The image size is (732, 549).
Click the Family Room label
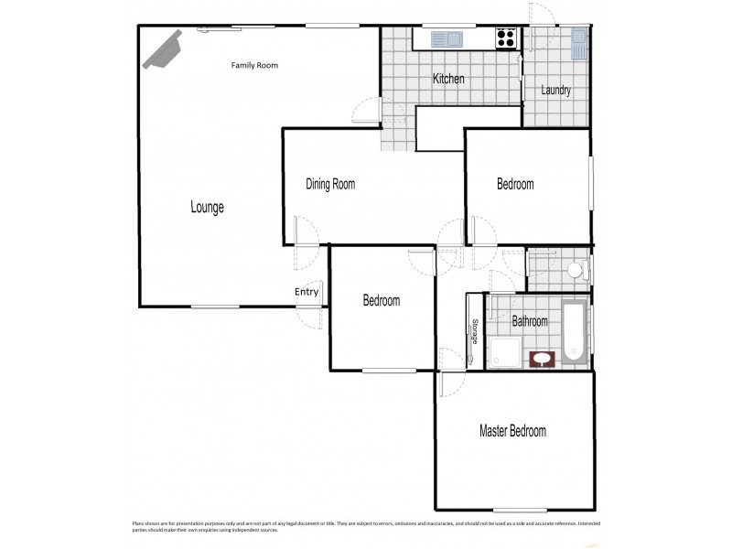pos(254,65)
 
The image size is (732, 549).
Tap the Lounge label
pos(207,207)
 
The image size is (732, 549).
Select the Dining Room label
pos(329,184)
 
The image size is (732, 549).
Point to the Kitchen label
pos(448,79)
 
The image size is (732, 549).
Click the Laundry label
pos(555,90)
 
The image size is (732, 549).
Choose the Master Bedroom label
pos(512,431)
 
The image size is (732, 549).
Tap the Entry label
pos(307,292)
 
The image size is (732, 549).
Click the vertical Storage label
pos(475,331)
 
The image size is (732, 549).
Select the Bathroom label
pos(529,321)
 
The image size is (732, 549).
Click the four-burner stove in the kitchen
pos(506,38)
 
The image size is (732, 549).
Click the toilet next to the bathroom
pos(575,270)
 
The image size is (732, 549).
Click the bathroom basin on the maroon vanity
pos(543,359)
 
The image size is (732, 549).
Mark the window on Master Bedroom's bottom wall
pos(520,510)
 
